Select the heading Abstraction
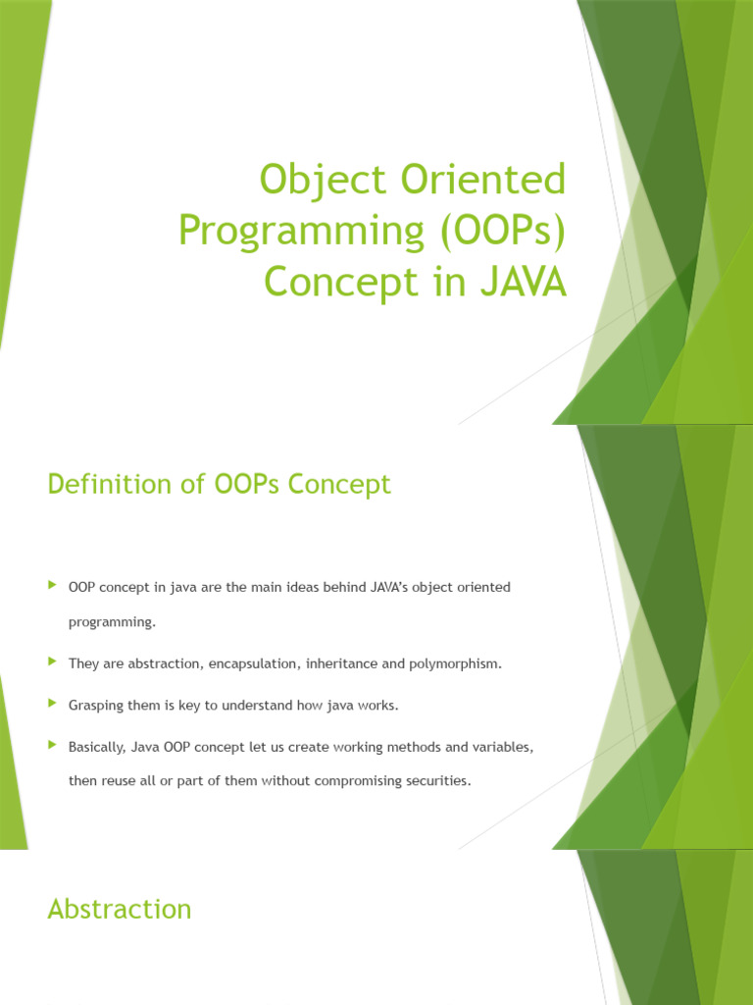120,909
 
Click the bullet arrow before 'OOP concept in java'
52,586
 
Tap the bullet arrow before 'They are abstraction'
52,662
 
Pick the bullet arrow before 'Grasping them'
52,704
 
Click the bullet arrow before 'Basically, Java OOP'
52,746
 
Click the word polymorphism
455,664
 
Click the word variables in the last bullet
502,748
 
